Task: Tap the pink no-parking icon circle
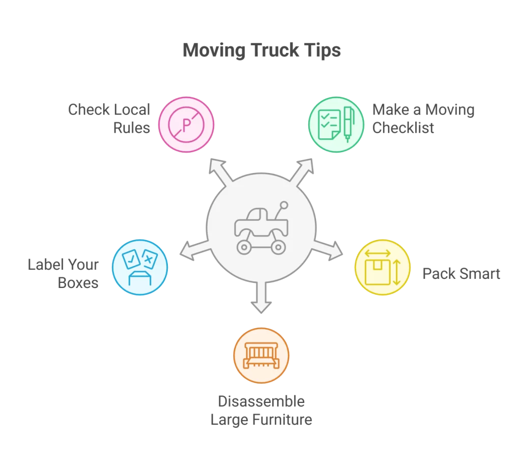[x=186, y=125]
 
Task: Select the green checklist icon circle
[x=336, y=125]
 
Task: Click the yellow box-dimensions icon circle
[x=382, y=268]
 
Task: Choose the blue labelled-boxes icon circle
[x=139, y=268]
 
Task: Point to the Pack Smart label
[x=461, y=274]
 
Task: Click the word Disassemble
[x=261, y=401]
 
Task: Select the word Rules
[x=131, y=127]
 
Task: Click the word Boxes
[x=78, y=282]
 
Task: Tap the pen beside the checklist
[x=349, y=124]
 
